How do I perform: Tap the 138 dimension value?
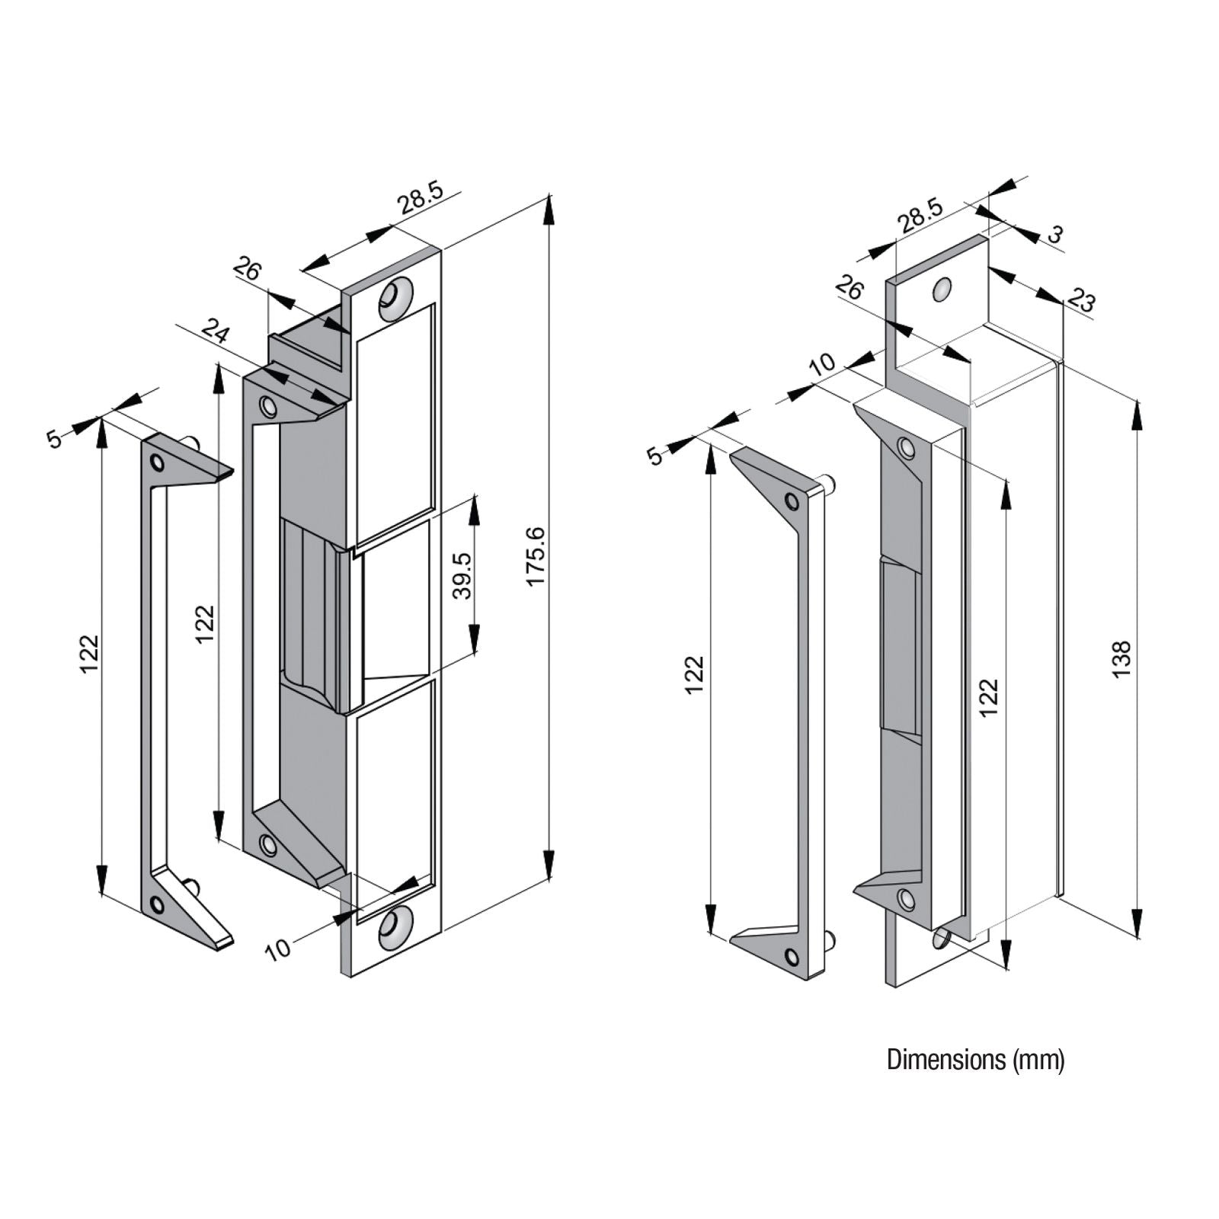click(1121, 660)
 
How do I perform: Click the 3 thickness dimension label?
click(1054, 235)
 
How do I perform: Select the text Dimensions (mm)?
click(975, 1060)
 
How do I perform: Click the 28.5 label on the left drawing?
click(420, 200)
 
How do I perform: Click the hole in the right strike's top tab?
click(942, 289)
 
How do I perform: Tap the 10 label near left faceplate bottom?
click(279, 949)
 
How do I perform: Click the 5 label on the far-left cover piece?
click(54, 439)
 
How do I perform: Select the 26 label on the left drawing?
click(247, 269)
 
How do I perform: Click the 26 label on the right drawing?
click(849, 288)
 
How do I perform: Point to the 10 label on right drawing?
click(822, 363)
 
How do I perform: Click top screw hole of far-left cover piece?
click(157, 462)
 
